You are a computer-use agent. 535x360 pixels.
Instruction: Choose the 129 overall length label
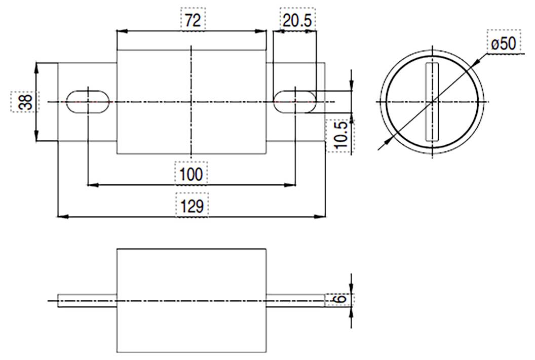coord(192,206)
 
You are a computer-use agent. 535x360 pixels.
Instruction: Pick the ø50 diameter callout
coord(504,44)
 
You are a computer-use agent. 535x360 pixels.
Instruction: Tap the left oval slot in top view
coord(88,102)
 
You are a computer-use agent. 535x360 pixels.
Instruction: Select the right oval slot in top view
coord(295,102)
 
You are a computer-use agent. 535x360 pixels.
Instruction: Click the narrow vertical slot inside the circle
coord(432,102)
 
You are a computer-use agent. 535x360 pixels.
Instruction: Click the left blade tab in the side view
coord(87,301)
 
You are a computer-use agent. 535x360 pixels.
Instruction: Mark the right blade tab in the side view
coord(295,301)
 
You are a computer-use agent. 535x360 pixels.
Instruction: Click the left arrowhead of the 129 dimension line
coord(62,217)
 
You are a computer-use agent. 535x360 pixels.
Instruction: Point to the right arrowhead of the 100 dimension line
coord(291,185)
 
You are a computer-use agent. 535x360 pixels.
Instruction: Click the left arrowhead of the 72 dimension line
coord(121,31)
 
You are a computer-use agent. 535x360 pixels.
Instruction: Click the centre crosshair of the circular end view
coord(432,102)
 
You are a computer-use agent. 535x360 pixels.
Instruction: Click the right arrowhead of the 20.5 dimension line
coord(312,31)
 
